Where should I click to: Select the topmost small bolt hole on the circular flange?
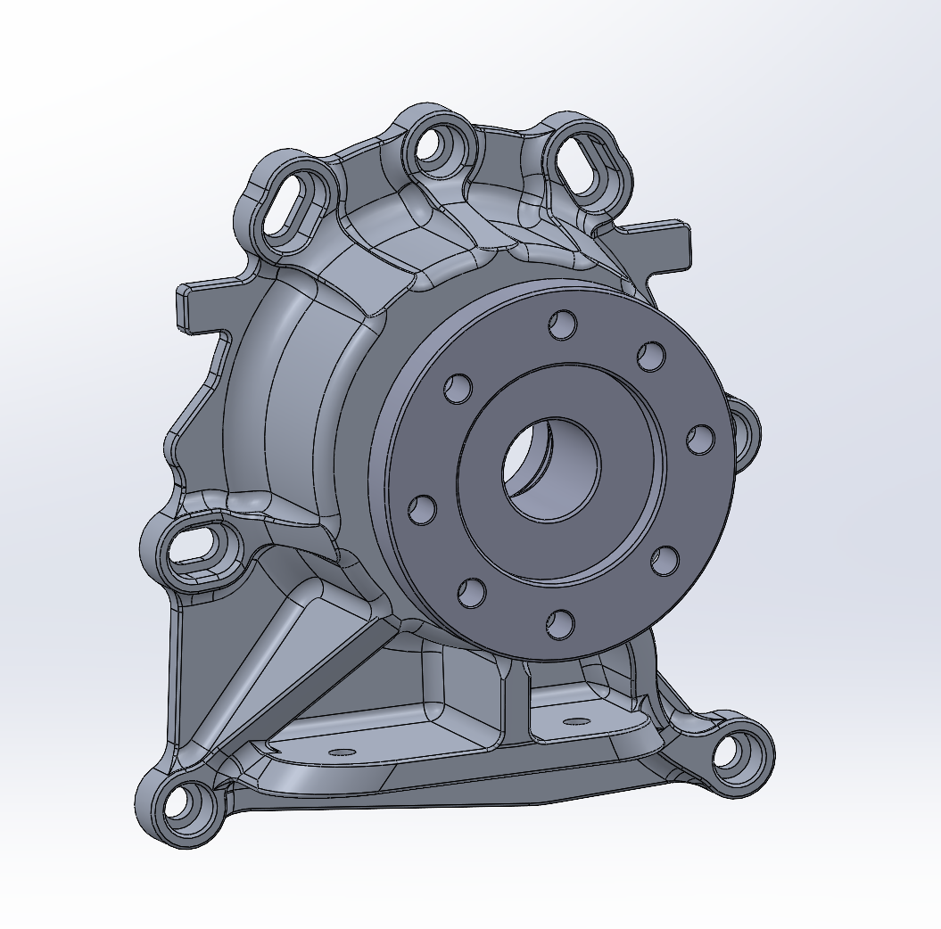point(562,325)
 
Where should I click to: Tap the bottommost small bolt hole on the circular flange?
point(559,624)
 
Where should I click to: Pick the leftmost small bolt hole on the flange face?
point(422,510)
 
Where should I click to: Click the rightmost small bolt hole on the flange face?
point(701,439)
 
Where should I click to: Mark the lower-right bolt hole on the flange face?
point(663,562)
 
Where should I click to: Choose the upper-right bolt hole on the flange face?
point(651,357)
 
